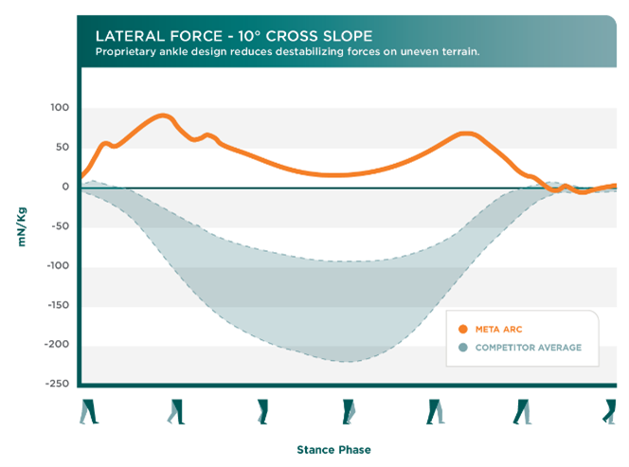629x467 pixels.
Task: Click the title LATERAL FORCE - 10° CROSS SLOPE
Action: [226, 35]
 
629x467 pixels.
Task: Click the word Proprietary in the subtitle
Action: [127, 51]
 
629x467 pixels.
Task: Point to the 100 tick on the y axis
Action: [59, 107]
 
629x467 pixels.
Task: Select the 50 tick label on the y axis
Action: [62, 147]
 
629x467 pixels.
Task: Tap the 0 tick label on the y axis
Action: [65, 187]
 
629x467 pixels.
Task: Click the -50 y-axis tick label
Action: [59, 226]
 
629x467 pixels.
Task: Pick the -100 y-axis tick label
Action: [56, 266]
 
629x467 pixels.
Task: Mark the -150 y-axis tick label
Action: [56, 306]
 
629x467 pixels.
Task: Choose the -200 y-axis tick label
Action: [56, 345]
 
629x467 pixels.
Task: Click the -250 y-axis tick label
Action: [56, 384]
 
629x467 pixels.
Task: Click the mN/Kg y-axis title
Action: [21, 226]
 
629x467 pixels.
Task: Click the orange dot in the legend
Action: [462, 329]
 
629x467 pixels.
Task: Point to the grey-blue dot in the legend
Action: [462, 348]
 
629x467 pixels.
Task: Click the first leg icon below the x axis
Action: [87, 411]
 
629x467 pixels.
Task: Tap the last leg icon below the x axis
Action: [611, 411]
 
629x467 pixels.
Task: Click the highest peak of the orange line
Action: [163, 116]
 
